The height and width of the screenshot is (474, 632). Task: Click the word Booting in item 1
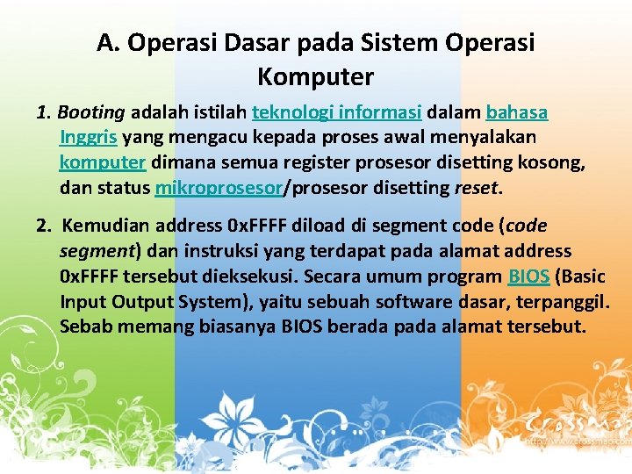(x=92, y=113)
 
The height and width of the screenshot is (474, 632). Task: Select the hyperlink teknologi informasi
(x=337, y=113)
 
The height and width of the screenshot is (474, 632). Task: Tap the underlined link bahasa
(x=517, y=113)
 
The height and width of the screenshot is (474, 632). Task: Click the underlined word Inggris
(x=89, y=138)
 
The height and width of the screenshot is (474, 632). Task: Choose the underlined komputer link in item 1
(x=102, y=162)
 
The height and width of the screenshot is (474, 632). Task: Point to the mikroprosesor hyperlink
(x=219, y=187)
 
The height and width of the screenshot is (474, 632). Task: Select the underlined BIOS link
(x=529, y=276)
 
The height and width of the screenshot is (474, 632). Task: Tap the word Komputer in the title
(x=315, y=76)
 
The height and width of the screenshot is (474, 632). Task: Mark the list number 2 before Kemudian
(x=42, y=226)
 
